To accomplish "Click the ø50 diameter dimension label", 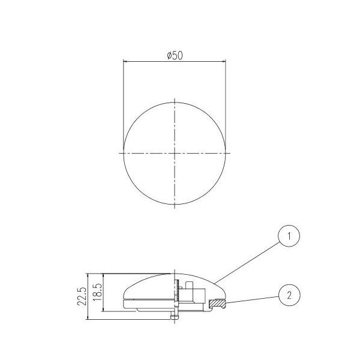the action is tap(175, 56).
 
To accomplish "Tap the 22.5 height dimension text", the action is tap(82, 296).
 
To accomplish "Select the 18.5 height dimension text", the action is tap(98, 292).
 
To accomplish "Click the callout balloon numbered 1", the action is tap(289, 236).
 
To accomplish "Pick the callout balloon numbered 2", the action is tap(289, 295).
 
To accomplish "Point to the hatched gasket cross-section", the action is tap(217, 304).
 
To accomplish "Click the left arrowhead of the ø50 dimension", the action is tap(125, 62).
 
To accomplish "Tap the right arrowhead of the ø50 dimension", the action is tap(224, 62).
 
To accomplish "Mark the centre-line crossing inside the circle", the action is tap(175, 153).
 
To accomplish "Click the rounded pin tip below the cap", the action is tap(175, 317).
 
